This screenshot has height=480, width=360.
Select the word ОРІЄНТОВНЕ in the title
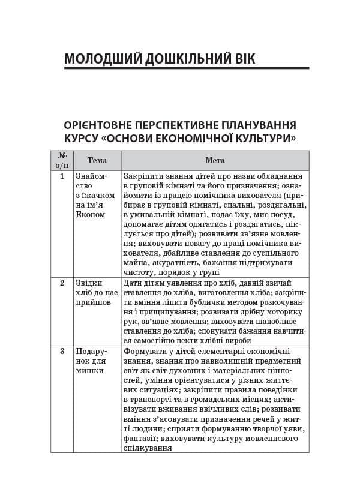[x=101, y=125]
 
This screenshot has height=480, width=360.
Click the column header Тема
[x=97, y=160]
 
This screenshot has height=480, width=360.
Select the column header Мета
[x=215, y=160]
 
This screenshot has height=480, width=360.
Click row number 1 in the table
[x=62, y=176]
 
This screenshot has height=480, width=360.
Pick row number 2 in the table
[x=62, y=283]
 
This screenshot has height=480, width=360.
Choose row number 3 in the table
[x=62, y=351]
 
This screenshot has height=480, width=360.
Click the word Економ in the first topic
[x=91, y=214]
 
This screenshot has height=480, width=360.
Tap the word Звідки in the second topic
[x=89, y=283]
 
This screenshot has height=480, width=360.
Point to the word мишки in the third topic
[x=89, y=370]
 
